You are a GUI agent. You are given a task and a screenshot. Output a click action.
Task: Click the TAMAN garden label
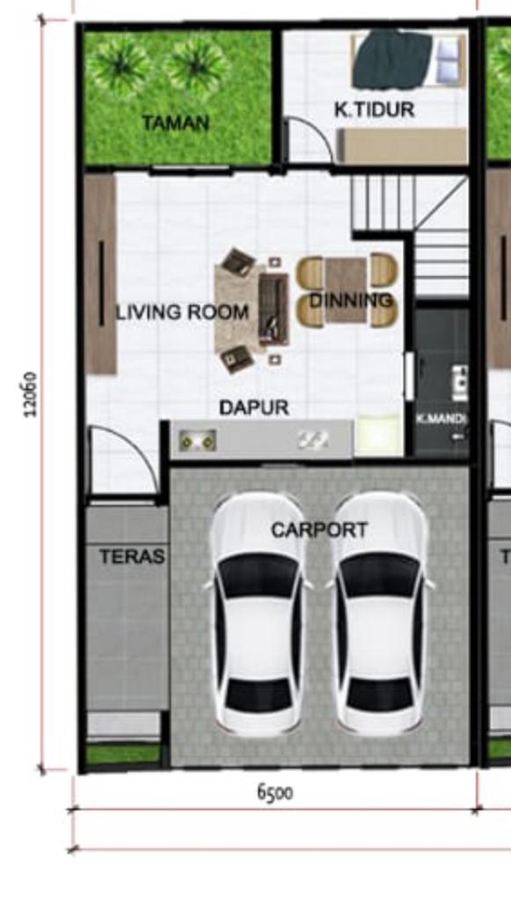[x=175, y=123]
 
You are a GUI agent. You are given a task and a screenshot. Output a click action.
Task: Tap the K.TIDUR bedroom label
[x=374, y=110]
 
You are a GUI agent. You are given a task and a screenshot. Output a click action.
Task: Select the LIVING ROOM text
[x=182, y=312]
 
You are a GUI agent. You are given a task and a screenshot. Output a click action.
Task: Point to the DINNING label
[x=350, y=300]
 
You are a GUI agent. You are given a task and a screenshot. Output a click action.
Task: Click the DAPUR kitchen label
[x=254, y=407]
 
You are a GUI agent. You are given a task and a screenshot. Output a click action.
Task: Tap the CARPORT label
[x=319, y=530]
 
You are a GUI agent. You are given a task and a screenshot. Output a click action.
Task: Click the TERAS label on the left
[x=132, y=556]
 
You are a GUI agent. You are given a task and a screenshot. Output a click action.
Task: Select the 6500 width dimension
[x=275, y=793]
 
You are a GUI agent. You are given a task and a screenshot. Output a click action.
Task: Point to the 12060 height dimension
[x=31, y=394]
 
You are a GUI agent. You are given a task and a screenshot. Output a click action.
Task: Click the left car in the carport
[x=257, y=614]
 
